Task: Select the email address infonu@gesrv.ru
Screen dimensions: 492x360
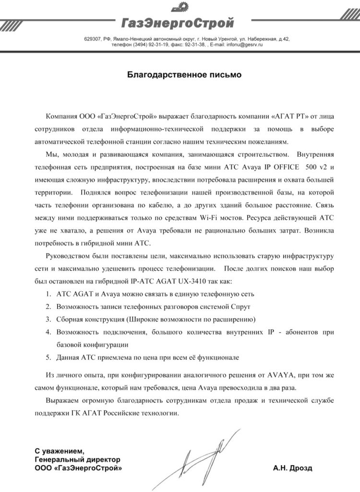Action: [245, 44]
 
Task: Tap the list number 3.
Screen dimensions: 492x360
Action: [48, 319]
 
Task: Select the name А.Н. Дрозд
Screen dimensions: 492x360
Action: [295, 467]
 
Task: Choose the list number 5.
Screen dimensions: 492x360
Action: [48, 358]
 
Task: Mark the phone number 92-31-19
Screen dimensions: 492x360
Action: [154, 44]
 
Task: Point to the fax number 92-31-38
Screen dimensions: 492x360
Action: [195, 44]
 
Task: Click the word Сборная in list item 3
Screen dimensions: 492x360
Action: [70, 319]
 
